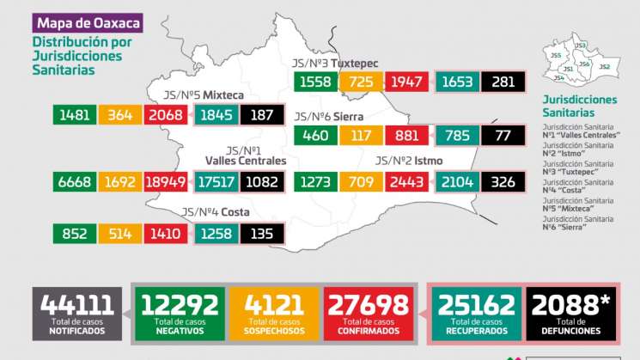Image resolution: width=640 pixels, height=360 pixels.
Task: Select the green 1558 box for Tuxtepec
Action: pyautogui.click(x=315, y=82)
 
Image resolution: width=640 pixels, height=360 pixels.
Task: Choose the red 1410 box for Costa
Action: pyautogui.click(x=169, y=233)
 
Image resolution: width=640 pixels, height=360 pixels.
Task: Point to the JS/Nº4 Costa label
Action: pyautogui.click(x=216, y=213)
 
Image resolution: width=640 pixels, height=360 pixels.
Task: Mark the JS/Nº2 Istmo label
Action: pyautogui.click(x=411, y=161)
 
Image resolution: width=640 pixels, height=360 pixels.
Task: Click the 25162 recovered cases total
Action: pyautogui.click(x=476, y=311)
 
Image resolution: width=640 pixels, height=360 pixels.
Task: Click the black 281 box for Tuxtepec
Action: pyautogui.click(x=503, y=82)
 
